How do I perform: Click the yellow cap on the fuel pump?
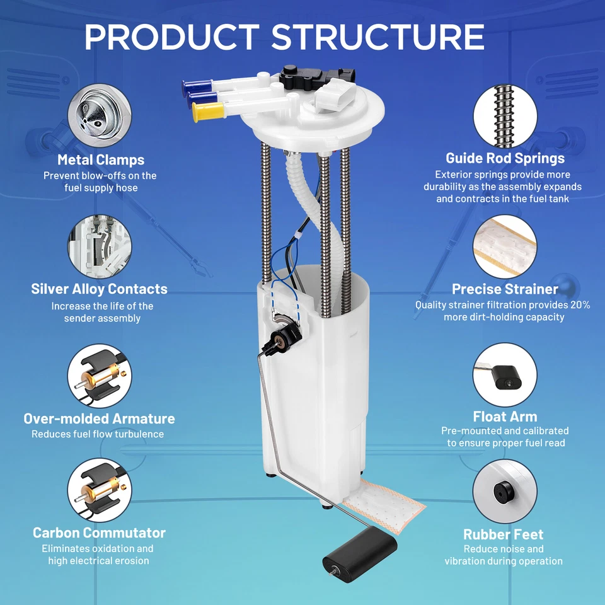click(209, 112)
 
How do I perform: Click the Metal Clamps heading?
click(101, 159)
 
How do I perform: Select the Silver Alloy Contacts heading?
click(99, 289)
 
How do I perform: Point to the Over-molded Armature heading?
click(99, 418)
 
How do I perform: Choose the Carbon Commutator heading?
click(99, 533)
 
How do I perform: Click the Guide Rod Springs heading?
click(505, 158)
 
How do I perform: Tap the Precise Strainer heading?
click(505, 289)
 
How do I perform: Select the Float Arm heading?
click(505, 417)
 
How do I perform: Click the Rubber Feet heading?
click(503, 534)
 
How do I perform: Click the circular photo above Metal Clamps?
click(100, 115)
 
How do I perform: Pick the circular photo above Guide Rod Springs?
click(505, 116)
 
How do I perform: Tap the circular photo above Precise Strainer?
click(505, 246)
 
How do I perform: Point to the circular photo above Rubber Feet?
click(505, 491)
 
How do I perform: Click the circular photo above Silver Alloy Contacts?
click(100, 246)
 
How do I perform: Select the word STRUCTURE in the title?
click(377, 37)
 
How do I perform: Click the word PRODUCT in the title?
click(172, 37)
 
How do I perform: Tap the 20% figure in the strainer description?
click(580, 305)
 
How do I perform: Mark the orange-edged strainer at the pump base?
click(384, 505)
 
